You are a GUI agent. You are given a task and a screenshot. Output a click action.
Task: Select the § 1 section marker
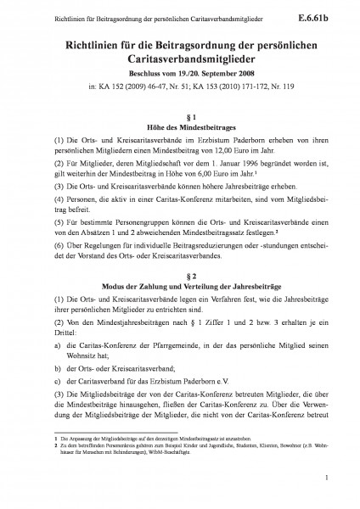coord(179,115)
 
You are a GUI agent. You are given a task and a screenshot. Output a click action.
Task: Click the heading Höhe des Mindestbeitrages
coord(179,126)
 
